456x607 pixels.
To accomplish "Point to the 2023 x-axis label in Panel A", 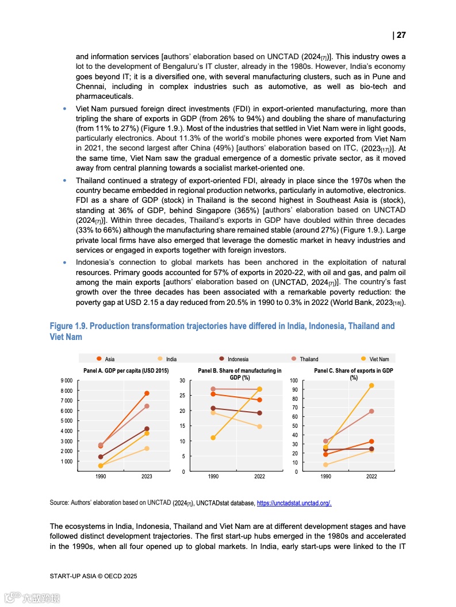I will point(147,477).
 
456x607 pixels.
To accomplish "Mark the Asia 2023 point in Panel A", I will point(147,393).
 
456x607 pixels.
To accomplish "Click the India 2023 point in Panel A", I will point(147,449).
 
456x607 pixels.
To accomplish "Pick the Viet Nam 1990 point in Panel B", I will point(213,438).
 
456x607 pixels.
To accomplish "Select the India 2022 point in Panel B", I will point(259,427).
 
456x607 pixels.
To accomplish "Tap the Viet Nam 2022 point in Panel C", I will point(371,385).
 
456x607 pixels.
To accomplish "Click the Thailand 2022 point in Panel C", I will point(371,411).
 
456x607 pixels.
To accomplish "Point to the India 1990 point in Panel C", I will point(325,465).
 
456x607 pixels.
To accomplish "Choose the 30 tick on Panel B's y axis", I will point(182,381).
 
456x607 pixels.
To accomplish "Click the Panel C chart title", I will point(353,374).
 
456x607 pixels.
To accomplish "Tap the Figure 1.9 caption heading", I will point(222,331).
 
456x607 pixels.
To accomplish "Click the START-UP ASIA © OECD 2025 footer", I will point(93,575).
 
